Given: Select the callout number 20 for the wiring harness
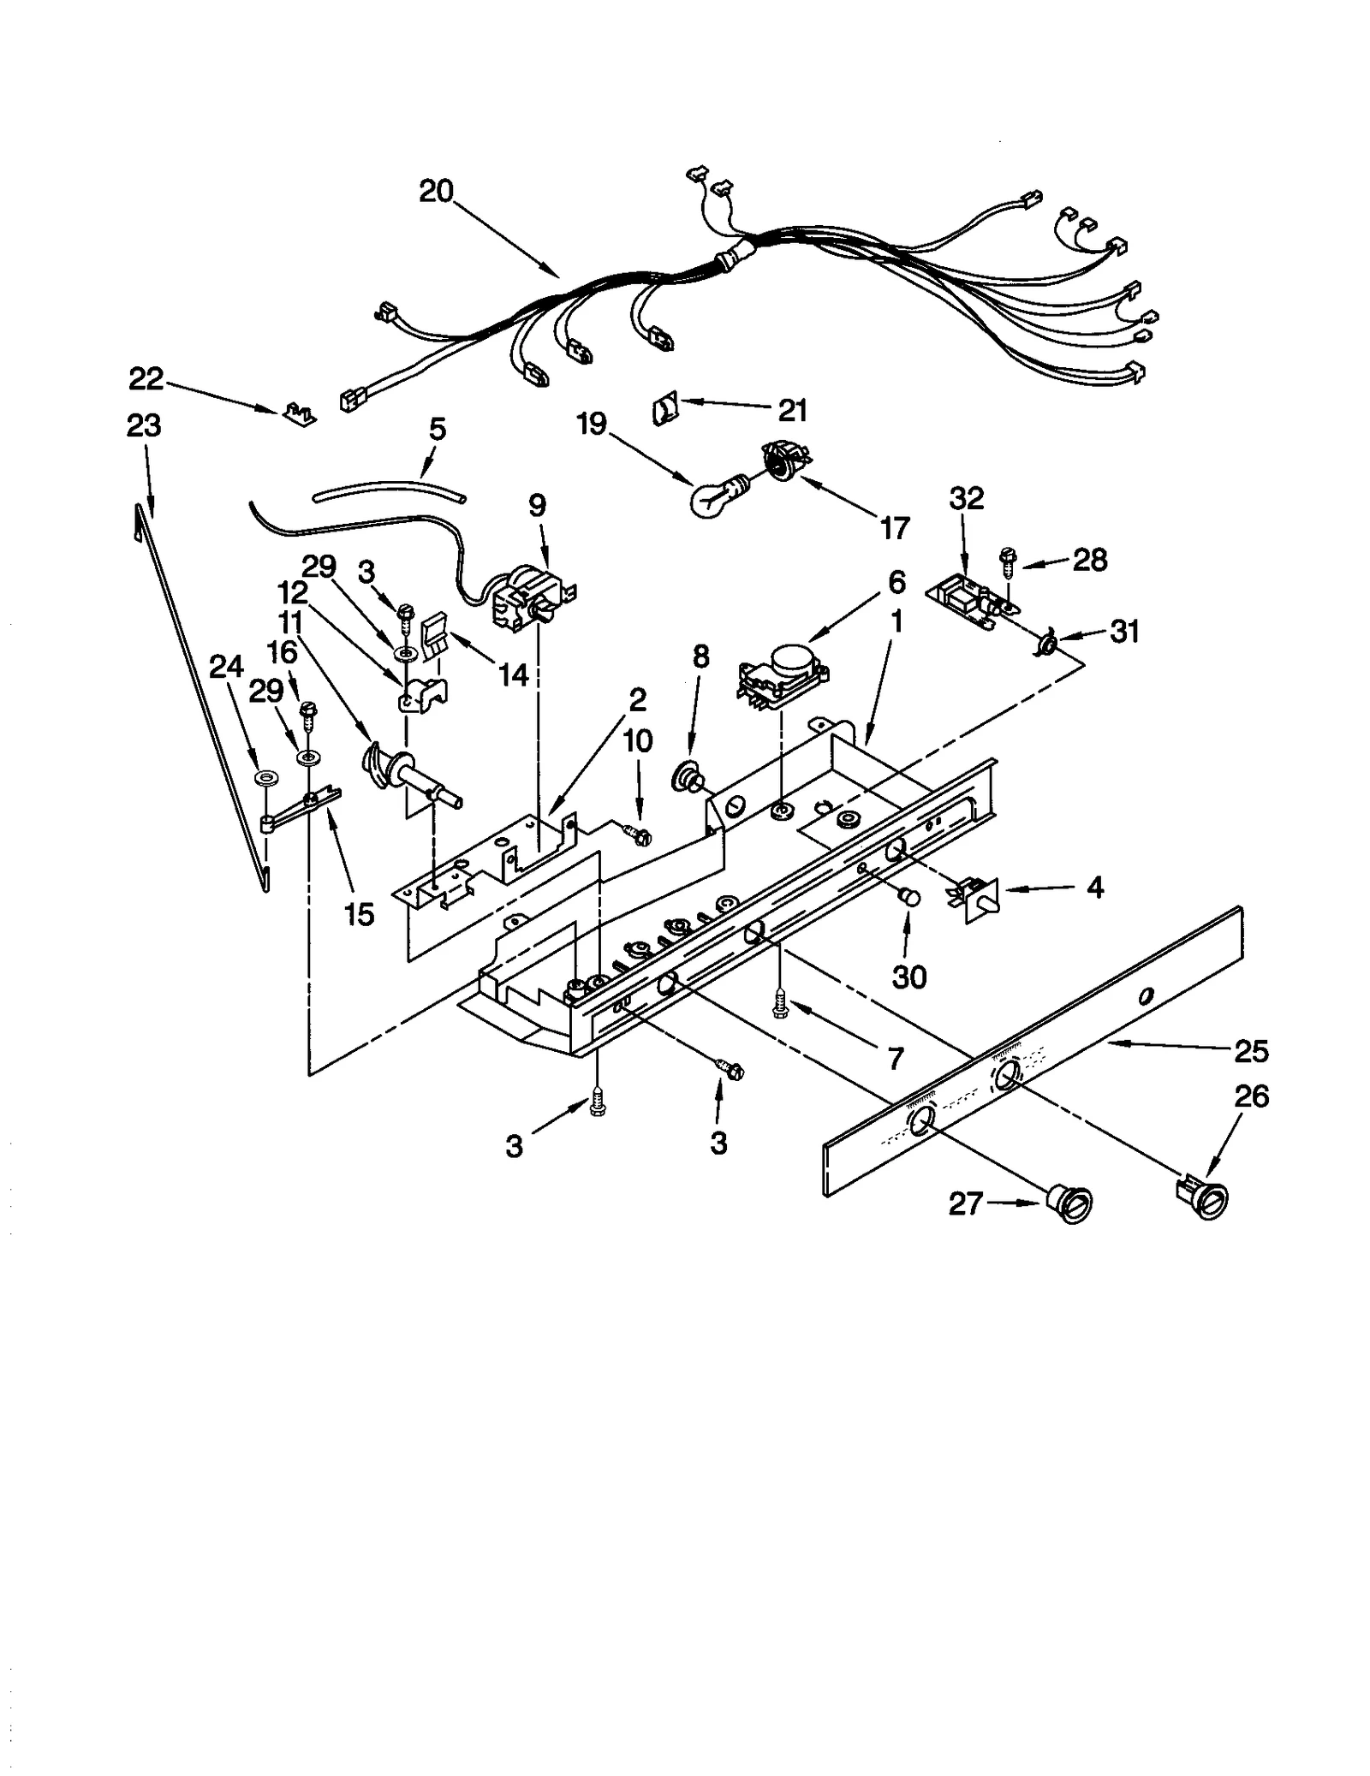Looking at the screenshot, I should [436, 191].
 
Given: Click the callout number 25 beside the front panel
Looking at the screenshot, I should [1251, 1050].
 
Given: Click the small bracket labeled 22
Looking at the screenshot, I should [297, 413].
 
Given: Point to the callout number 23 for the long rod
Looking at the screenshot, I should [144, 425].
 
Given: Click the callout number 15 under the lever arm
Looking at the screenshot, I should [359, 914].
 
